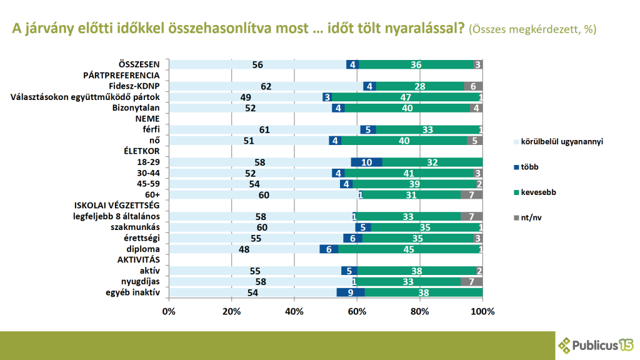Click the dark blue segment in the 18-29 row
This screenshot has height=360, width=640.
pyautogui.click(x=366, y=162)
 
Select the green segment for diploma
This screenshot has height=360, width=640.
pyautogui.click(x=410, y=249)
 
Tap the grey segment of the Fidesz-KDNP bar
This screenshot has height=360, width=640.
pyautogui.click(x=473, y=86)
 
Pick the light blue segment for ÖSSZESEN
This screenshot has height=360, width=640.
pyautogui.click(x=257, y=64)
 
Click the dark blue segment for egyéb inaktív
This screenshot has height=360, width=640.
pyautogui.click(x=350, y=292)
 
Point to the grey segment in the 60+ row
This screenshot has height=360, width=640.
pyautogui.click(x=472, y=194)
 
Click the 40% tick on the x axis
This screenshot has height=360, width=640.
pyautogui.click(x=294, y=311)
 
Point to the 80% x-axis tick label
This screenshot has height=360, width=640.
pyautogui.click(x=420, y=311)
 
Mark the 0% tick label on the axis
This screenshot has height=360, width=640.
pyautogui.click(x=169, y=311)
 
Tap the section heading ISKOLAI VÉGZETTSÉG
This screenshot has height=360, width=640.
pyautogui.click(x=117, y=206)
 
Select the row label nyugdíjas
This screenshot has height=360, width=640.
pyautogui.click(x=141, y=281)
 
